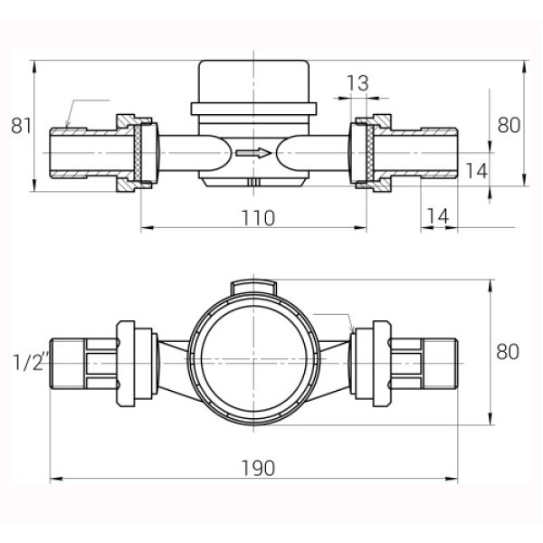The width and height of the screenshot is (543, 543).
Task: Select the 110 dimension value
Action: coord(258,216)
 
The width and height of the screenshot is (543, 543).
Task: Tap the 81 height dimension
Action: coord(20,126)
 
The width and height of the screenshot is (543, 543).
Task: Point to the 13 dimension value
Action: coord(357,83)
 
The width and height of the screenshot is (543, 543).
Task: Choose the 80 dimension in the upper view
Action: coord(509,125)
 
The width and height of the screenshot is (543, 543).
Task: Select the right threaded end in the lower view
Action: coord(443,361)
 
